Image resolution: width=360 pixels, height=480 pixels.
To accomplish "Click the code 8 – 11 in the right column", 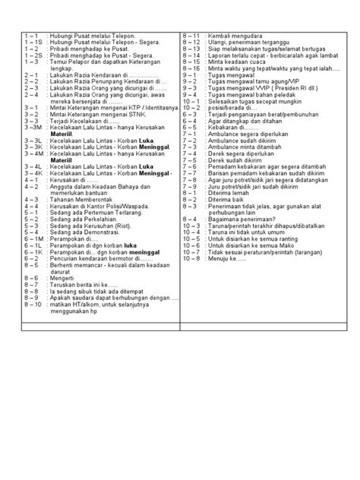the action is (191, 36).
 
